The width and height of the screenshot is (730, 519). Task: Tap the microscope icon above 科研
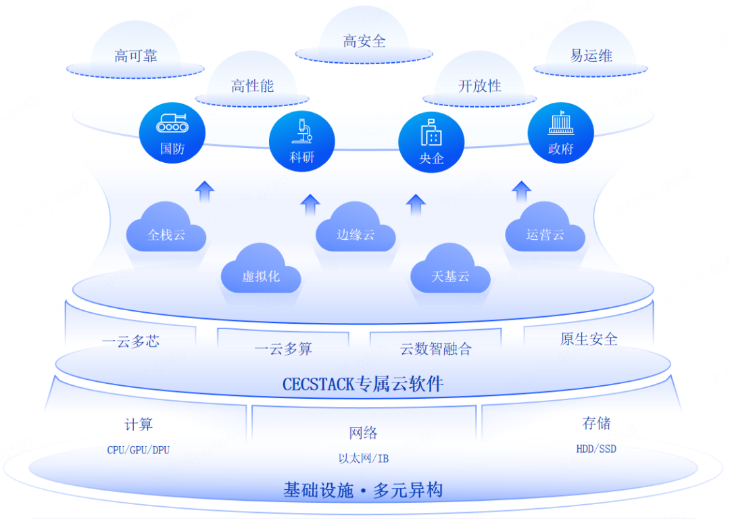click(x=301, y=129)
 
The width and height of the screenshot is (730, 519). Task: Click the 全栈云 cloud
click(x=166, y=233)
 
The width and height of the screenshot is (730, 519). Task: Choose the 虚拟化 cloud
click(x=261, y=274)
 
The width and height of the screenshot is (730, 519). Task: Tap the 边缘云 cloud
click(x=356, y=233)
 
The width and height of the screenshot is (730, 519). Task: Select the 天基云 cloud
click(x=451, y=274)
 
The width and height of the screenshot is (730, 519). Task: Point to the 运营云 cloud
click(x=545, y=233)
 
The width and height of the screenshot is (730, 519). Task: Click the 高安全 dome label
click(x=364, y=41)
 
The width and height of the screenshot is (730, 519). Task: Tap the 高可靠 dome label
click(x=136, y=56)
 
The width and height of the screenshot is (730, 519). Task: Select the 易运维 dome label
click(x=591, y=55)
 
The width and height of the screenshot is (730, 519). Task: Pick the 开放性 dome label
click(x=480, y=86)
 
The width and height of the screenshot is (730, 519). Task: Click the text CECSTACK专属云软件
click(x=363, y=384)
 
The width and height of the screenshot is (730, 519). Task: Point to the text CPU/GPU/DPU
click(x=139, y=449)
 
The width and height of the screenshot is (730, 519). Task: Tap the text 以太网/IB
click(x=364, y=459)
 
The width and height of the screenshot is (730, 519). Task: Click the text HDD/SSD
click(x=596, y=448)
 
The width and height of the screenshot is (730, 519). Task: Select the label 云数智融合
click(x=436, y=349)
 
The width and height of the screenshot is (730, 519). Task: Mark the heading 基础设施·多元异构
click(x=363, y=490)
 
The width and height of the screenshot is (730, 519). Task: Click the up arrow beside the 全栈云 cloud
click(x=205, y=191)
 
